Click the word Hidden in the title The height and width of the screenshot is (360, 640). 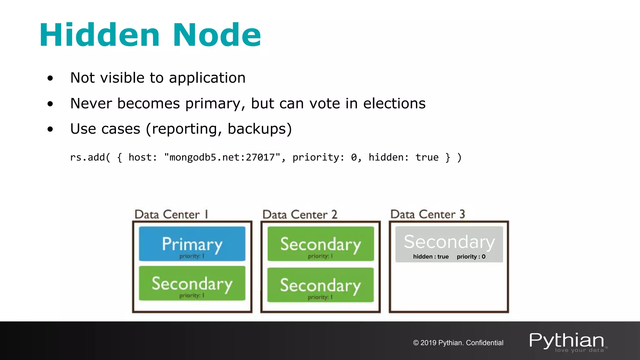click(x=99, y=35)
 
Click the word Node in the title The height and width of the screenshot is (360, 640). click(x=217, y=35)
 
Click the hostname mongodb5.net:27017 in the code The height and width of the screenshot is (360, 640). click(x=222, y=157)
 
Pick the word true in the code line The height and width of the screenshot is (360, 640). click(x=427, y=157)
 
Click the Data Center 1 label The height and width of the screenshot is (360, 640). click(x=171, y=214)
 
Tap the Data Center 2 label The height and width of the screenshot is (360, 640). click(x=300, y=214)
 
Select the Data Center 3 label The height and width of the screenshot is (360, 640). click(x=427, y=214)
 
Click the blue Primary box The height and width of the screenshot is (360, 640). click(x=192, y=244)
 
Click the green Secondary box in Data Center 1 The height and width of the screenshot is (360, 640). click(x=192, y=283)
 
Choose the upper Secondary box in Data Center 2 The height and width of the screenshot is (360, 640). click(x=321, y=244)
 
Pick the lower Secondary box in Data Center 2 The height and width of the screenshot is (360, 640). click(x=321, y=285)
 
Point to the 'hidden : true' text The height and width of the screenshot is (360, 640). click(x=431, y=257)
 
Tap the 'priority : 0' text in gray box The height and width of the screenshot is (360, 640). click(x=471, y=257)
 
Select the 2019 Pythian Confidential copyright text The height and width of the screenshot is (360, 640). click(x=458, y=343)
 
